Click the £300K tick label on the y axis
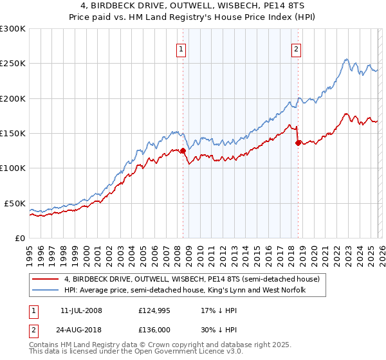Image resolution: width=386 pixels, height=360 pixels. pyautogui.click(x=13, y=29)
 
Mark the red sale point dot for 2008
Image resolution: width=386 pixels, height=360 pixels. pyautogui.click(x=183, y=151)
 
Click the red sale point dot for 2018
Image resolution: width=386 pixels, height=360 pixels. pyautogui.click(x=298, y=143)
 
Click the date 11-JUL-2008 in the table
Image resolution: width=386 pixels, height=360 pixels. pyautogui.click(x=81, y=311)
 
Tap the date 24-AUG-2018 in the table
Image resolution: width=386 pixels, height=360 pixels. pyautogui.click(x=81, y=332)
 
